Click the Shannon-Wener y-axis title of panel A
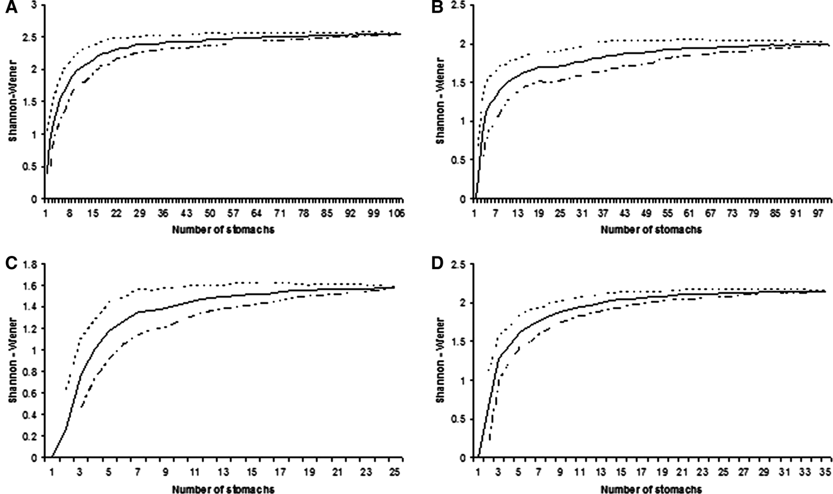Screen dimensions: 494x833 12,102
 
